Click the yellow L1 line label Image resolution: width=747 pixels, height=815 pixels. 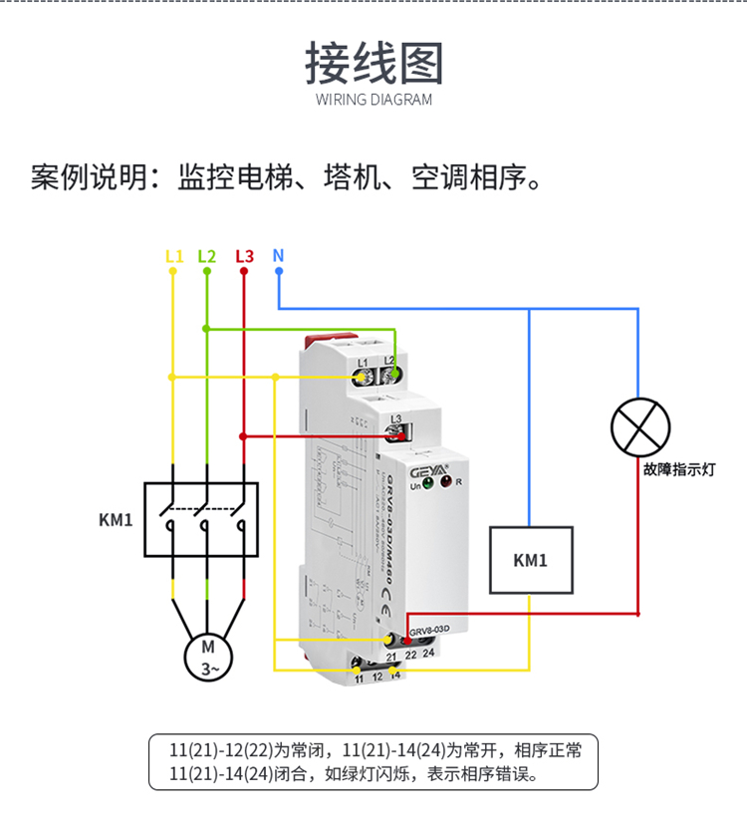[x=173, y=256]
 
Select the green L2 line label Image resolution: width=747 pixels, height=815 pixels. [x=206, y=256]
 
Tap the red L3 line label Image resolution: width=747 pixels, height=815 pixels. [x=244, y=256]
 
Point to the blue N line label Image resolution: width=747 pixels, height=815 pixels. [x=278, y=255]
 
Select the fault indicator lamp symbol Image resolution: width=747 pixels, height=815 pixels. [x=637, y=426]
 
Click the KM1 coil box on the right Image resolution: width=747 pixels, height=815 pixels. [x=530, y=560]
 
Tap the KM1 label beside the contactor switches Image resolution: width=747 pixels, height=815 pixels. [x=116, y=519]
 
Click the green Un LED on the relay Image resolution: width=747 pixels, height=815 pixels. [x=427, y=484]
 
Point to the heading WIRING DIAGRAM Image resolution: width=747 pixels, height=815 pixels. [x=373, y=100]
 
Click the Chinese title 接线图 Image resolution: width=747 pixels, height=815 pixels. [x=373, y=63]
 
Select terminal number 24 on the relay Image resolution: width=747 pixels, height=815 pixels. [x=428, y=654]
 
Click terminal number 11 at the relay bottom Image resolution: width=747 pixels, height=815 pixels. [x=360, y=677]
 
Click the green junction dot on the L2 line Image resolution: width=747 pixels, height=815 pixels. [x=206, y=328]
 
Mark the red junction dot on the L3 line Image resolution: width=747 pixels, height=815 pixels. [x=244, y=435]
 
